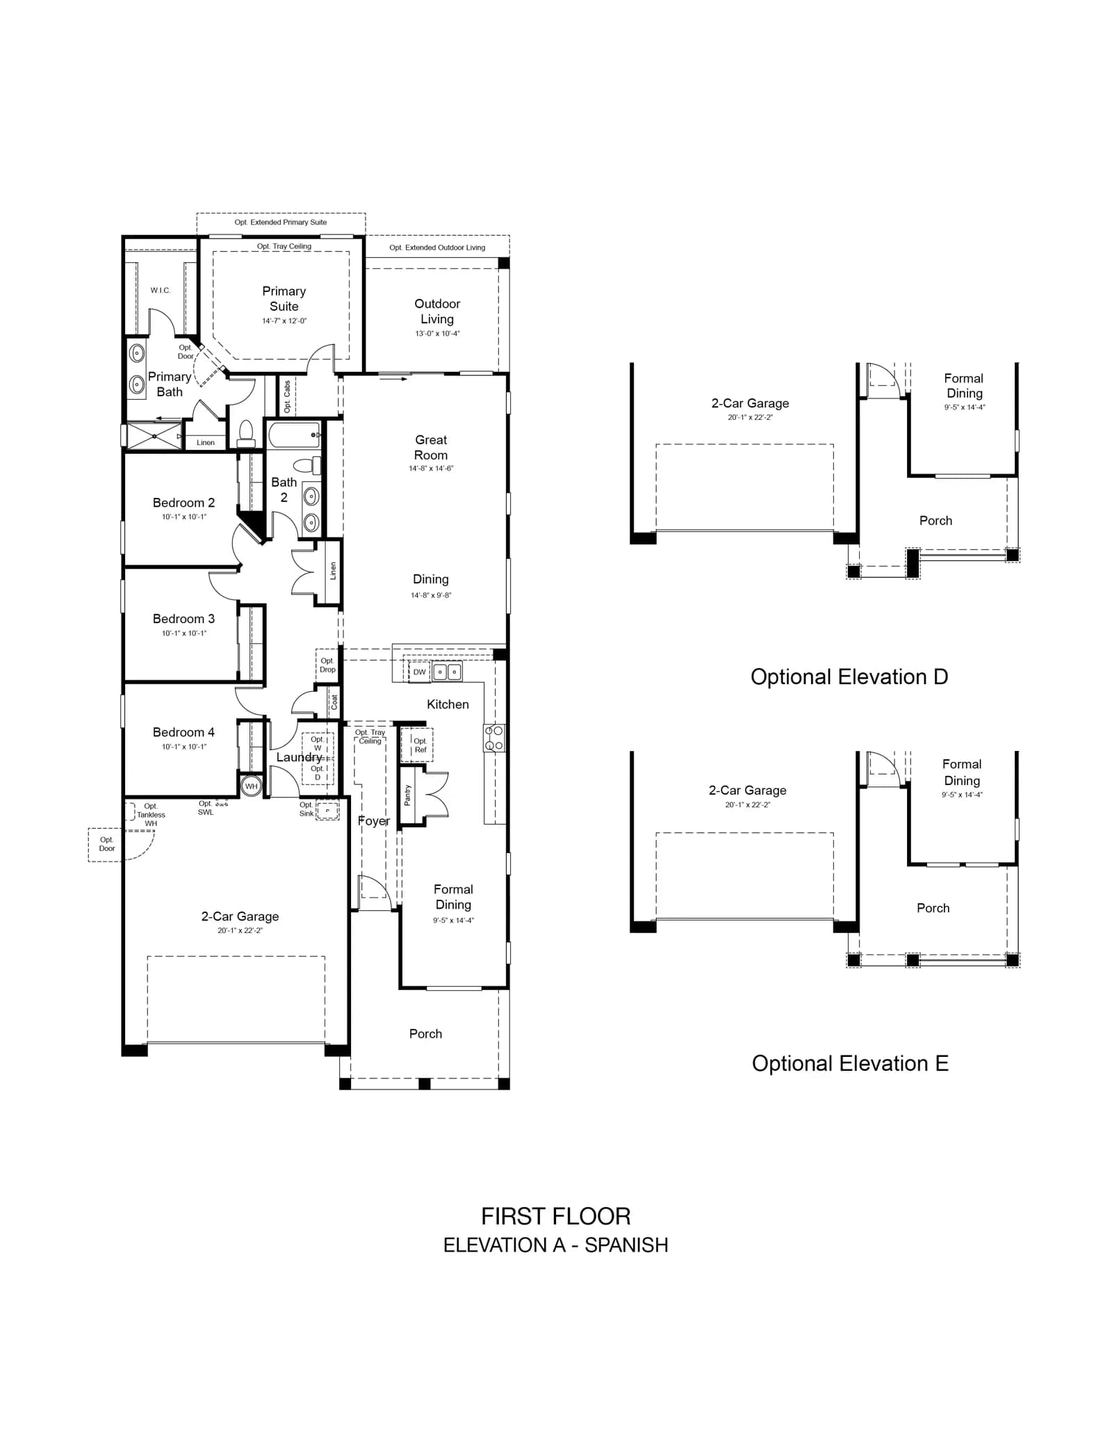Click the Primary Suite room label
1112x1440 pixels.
click(x=284, y=299)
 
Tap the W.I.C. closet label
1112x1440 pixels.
click(x=161, y=290)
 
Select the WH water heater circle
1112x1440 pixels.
click(x=251, y=786)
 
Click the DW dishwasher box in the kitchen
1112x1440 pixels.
click(x=419, y=672)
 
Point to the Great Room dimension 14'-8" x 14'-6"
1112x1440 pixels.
click(x=431, y=469)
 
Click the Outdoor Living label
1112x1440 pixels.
click(x=437, y=312)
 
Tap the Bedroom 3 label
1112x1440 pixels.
click(x=183, y=619)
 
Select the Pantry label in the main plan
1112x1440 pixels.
click(x=407, y=795)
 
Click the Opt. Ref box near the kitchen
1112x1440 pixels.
click(x=417, y=745)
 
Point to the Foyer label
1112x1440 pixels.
click(x=374, y=821)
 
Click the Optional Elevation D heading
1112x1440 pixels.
click(x=849, y=677)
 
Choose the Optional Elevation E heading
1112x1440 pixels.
click(x=850, y=1063)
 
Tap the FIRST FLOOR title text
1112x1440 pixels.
click(x=556, y=1216)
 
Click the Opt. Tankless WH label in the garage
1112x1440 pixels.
click(x=151, y=815)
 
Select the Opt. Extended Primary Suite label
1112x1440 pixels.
click(x=281, y=223)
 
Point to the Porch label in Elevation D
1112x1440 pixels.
click(x=935, y=521)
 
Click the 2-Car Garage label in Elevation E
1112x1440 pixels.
click(x=748, y=791)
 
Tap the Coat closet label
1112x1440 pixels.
click(x=334, y=702)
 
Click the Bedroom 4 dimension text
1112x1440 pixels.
click(x=184, y=747)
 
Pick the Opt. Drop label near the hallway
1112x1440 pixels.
click(x=327, y=665)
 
